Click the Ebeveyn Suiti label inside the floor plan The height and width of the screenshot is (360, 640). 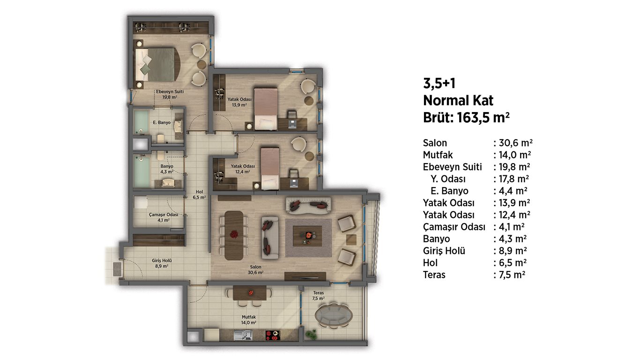[x=170, y=92]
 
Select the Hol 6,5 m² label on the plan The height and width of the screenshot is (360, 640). [x=199, y=195]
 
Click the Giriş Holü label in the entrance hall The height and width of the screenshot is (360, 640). [x=162, y=261]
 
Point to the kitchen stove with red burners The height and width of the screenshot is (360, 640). [x=273, y=336]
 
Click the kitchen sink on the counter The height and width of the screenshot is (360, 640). [x=243, y=336]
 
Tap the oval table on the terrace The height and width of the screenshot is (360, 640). [x=334, y=315]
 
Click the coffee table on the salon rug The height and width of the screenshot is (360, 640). [x=307, y=236]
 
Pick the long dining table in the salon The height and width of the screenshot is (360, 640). [x=234, y=235]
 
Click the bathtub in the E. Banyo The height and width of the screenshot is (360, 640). [x=141, y=122]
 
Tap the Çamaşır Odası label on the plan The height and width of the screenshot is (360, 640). [x=164, y=215]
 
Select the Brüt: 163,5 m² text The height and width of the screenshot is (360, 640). [x=466, y=117]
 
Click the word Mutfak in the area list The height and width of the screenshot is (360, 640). [x=438, y=155]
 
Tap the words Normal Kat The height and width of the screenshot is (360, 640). [x=458, y=100]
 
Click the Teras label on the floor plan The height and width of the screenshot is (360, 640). [x=318, y=293]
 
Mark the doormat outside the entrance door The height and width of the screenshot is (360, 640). [x=117, y=270]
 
